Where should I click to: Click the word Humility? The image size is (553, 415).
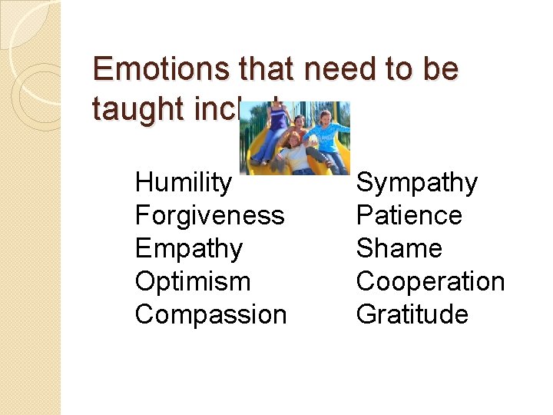pyautogui.click(x=182, y=183)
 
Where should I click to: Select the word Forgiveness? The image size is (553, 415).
pyautogui.click(x=209, y=215)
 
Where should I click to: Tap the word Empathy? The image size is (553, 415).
pyautogui.click(x=188, y=248)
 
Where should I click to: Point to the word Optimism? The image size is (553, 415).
pyautogui.click(x=192, y=281)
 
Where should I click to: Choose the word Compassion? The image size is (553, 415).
pyautogui.click(x=210, y=314)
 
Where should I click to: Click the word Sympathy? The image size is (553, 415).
pyautogui.click(x=416, y=183)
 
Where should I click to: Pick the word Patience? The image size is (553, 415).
pyautogui.click(x=409, y=215)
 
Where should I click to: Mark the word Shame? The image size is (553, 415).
pyautogui.click(x=399, y=248)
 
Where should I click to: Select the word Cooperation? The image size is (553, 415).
pyautogui.click(x=430, y=281)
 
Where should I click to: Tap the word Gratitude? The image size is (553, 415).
pyautogui.click(x=412, y=314)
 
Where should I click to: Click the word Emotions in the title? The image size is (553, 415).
pyautogui.click(x=160, y=69)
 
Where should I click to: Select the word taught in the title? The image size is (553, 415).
pyautogui.click(x=135, y=108)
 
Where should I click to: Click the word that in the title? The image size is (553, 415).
pyautogui.click(x=266, y=69)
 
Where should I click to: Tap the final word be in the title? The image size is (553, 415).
pyautogui.click(x=440, y=69)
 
